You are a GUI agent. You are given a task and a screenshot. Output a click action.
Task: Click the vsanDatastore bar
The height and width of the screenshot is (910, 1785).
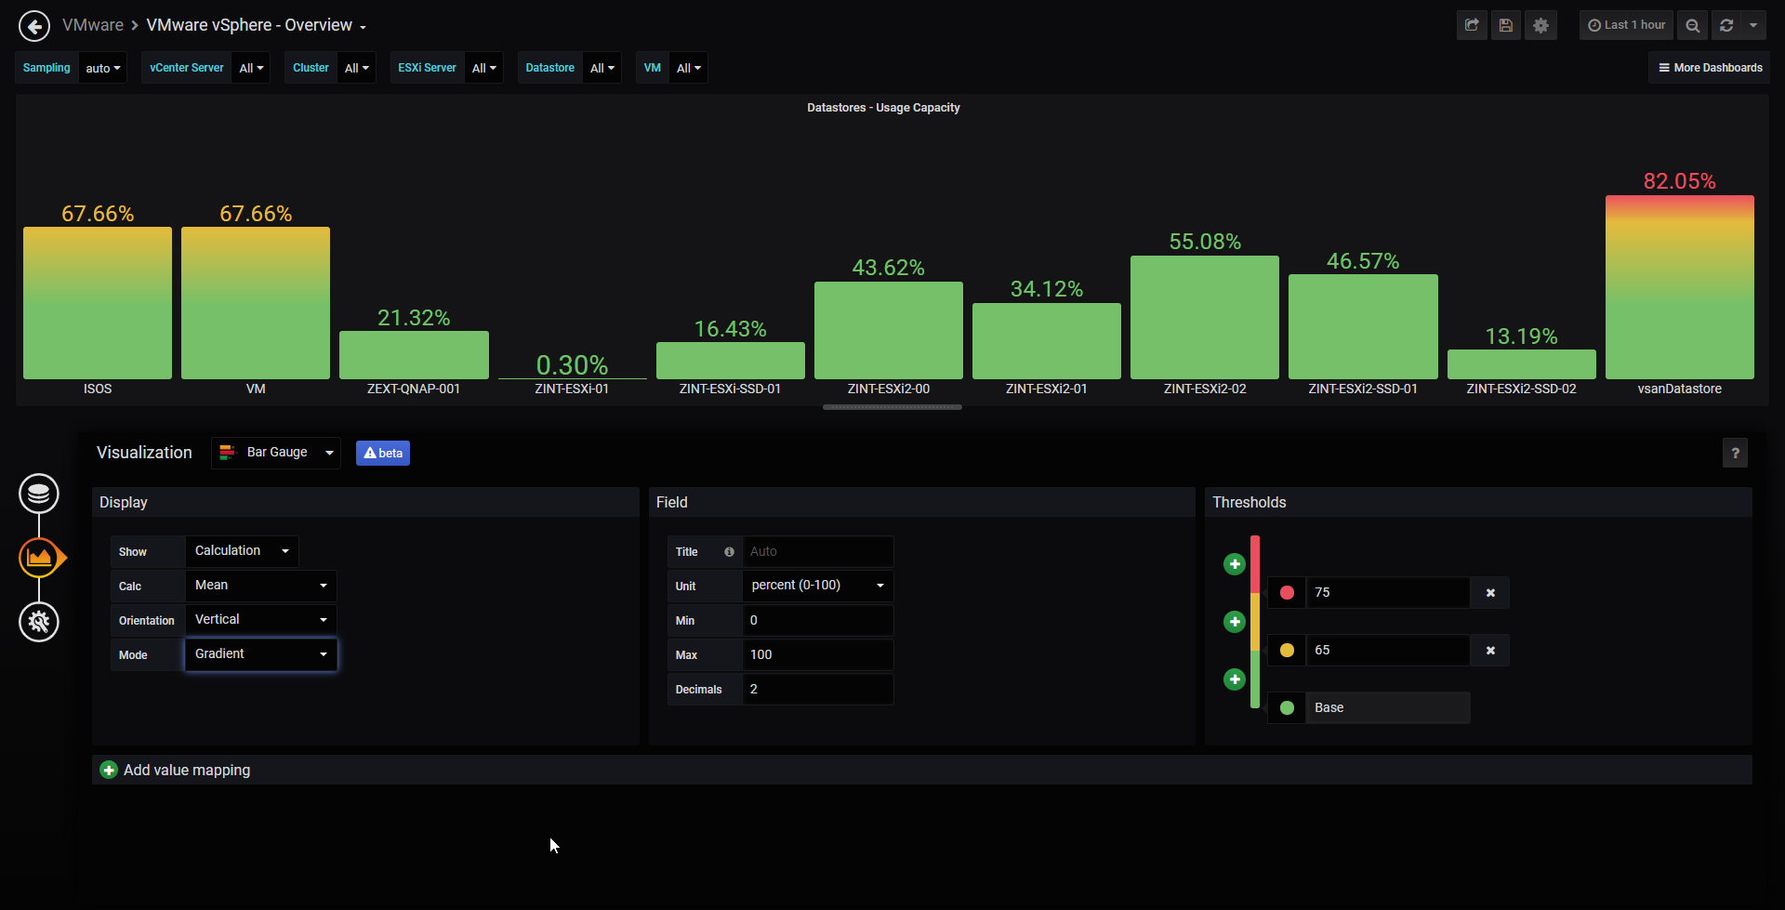(x=1679, y=287)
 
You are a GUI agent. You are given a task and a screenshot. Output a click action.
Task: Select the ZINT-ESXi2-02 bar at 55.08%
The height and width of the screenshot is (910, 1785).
(x=1205, y=317)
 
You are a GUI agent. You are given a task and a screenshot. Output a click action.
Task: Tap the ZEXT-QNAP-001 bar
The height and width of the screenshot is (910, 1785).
(x=414, y=355)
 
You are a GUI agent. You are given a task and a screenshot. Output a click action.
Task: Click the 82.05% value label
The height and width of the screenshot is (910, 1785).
(x=1679, y=181)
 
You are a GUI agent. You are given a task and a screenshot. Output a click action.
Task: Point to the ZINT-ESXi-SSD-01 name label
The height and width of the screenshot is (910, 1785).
(x=730, y=389)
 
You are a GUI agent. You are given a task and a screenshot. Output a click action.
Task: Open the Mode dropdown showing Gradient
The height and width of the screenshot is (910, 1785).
(x=261, y=654)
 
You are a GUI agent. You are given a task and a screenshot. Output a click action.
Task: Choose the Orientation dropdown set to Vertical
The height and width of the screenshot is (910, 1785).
(x=261, y=620)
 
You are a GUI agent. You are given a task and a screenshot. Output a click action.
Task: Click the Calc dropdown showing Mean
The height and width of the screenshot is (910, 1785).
(x=261, y=586)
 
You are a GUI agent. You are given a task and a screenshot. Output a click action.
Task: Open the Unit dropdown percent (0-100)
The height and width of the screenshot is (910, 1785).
(x=818, y=586)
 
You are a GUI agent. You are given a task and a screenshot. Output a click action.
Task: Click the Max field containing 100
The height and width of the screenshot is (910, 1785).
(x=818, y=654)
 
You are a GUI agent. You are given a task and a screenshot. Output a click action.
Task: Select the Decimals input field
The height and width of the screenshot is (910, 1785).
(x=818, y=689)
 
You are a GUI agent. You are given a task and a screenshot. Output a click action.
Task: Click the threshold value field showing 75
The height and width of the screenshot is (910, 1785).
(x=1388, y=592)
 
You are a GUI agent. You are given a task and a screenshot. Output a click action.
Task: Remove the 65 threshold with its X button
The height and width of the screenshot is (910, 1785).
(x=1490, y=651)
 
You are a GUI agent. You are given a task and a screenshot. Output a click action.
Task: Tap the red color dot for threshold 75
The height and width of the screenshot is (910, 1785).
(x=1287, y=592)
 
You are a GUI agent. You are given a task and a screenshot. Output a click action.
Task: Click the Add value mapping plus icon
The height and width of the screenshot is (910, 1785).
(x=109, y=770)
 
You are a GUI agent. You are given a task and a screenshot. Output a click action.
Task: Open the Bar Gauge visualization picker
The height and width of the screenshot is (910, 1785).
(x=276, y=453)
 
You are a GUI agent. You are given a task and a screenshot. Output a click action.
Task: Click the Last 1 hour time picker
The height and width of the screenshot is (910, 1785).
(x=1626, y=25)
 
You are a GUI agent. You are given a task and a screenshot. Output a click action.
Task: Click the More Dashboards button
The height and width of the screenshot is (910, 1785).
(x=1710, y=68)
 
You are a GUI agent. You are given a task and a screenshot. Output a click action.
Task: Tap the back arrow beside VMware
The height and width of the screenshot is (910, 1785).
(x=34, y=26)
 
